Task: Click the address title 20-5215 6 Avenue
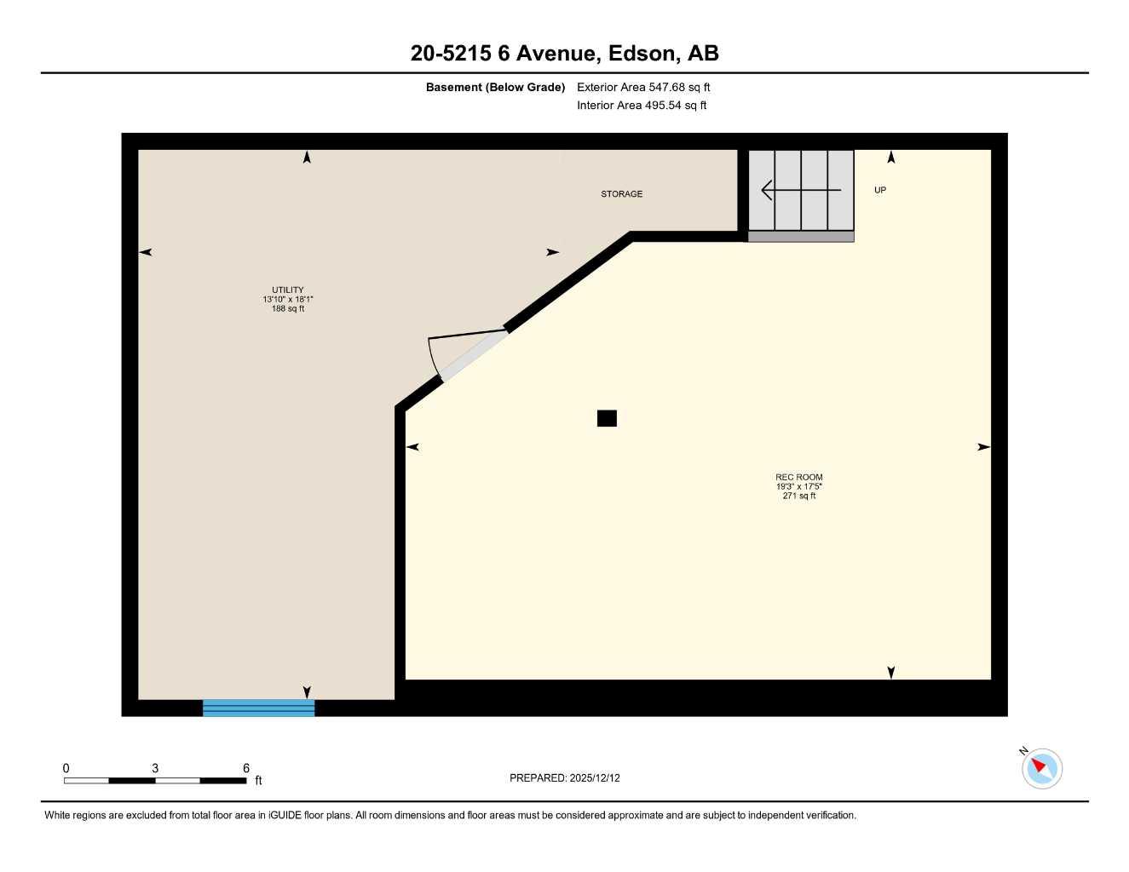[564, 54]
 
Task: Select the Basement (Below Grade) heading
[495, 88]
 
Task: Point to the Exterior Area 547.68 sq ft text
[643, 88]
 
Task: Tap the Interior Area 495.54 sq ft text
[642, 106]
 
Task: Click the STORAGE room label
[621, 194]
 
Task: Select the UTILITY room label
[288, 290]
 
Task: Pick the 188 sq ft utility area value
[288, 309]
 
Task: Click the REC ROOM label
[798, 478]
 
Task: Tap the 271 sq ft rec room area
[798, 496]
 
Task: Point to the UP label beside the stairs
[880, 190]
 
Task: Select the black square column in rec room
[607, 418]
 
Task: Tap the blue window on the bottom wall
[258, 708]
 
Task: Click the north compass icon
[1041, 768]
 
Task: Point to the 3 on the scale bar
[155, 768]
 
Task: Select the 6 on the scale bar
[246, 768]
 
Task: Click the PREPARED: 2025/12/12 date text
[564, 778]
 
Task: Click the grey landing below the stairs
[800, 237]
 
